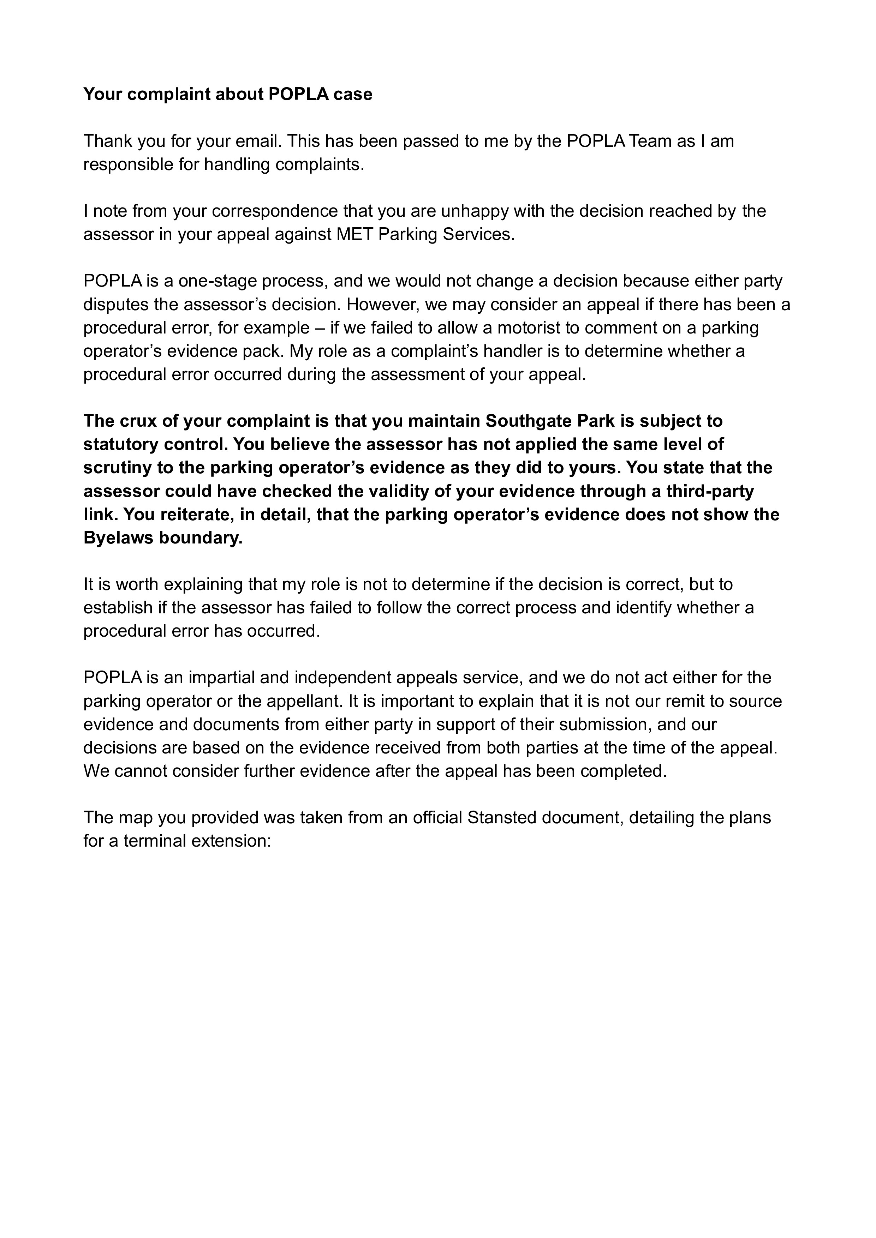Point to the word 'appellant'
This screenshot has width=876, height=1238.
pos(306,701)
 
